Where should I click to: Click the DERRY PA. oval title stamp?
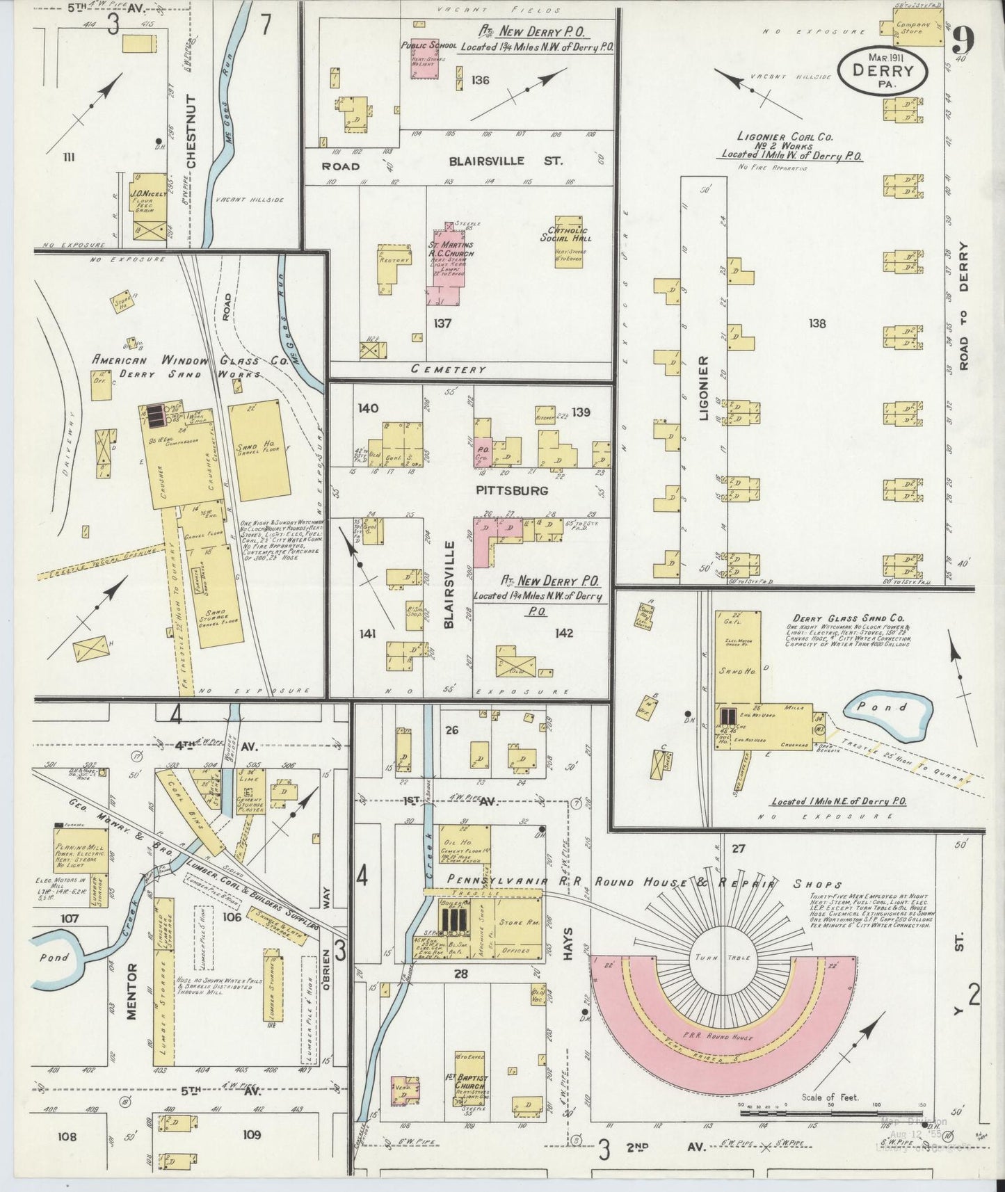882,70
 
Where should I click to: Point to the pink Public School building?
424,58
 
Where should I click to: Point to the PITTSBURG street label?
513,490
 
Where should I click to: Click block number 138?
817,323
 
